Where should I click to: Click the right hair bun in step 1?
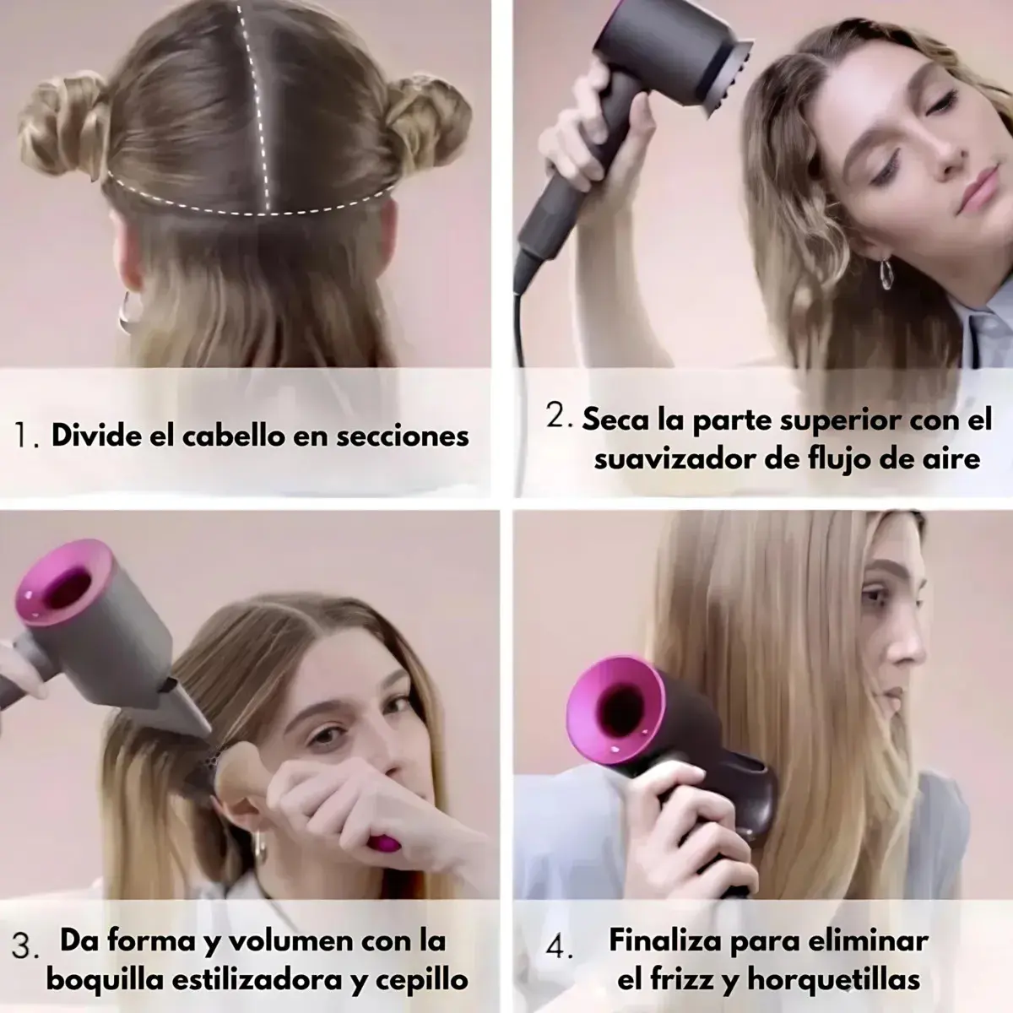coord(429,123)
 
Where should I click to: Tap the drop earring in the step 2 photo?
coord(886,274)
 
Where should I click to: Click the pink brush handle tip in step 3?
coord(384,843)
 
